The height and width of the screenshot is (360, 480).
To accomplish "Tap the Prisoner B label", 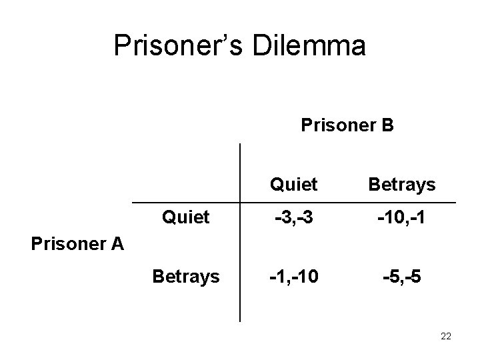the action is coord(347,125).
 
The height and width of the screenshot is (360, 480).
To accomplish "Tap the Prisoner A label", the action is coord(77,244).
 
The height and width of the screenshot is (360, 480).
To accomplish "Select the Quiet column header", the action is coord(293,184).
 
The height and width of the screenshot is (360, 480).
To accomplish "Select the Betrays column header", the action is coord(401,184).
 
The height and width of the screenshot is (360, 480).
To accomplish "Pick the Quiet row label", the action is coord(186,217).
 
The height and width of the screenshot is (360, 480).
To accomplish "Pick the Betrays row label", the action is coord(186,275).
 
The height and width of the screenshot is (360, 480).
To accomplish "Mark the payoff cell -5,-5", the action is coord(401,275).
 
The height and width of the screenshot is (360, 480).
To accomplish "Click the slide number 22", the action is coord(446,337).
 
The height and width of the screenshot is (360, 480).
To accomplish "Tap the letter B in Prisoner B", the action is coord(387,125).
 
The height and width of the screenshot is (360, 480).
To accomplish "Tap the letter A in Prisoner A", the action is coord(118,244).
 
